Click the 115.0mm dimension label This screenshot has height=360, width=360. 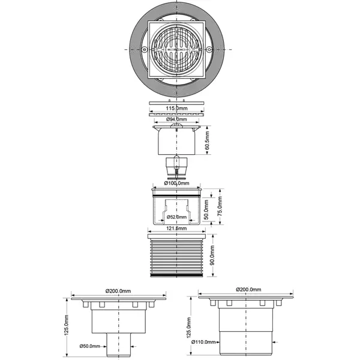[x=176, y=108]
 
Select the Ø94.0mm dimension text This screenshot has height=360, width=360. [x=176, y=119]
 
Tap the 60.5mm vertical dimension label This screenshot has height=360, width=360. [x=207, y=140]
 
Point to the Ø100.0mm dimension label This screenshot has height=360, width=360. [x=176, y=183]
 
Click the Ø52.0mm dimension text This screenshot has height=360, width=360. [x=176, y=217]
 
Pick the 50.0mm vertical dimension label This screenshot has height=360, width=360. [x=206, y=209]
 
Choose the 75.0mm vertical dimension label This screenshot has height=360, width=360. [x=220, y=206]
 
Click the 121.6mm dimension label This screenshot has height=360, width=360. [x=176, y=229]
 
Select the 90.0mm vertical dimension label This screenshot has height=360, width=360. [x=212, y=255]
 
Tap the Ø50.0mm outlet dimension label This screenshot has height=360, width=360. [x=90, y=346]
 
